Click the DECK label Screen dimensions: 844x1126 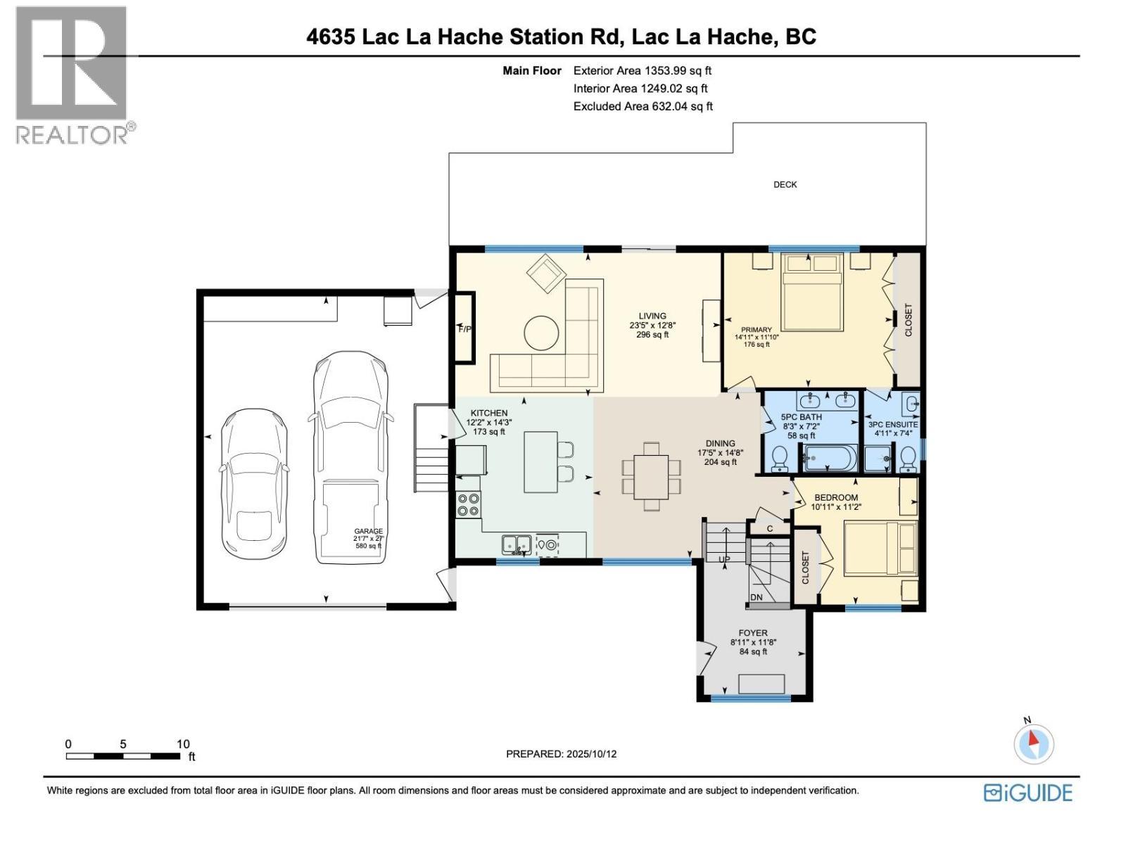point(785,184)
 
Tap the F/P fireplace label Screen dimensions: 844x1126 point(464,328)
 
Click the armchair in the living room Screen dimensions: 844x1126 point(547,274)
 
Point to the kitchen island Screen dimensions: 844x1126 point(540,462)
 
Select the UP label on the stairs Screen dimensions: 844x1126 point(724,559)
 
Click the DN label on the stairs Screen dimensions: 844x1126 point(757,597)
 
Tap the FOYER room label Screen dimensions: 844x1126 point(753,633)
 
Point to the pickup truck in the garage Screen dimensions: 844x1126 point(350,457)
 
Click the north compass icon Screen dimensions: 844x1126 point(1033,742)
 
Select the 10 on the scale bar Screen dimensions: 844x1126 point(183,744)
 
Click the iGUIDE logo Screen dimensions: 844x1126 point(1028,793)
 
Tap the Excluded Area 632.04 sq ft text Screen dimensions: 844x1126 point(643,106)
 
